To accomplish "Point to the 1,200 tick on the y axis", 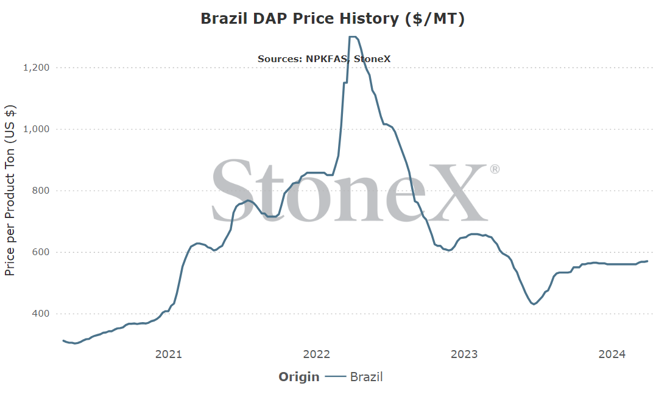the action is (36, 68).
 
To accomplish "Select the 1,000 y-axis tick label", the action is (36, 129).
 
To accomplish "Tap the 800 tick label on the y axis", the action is (41, 191).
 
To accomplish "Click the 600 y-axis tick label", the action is (41, 252).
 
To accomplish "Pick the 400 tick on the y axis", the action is (41, 314).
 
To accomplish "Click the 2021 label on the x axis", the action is (169, 354).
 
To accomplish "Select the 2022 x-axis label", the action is (317, 354).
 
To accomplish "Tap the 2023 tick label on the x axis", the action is (464, 354).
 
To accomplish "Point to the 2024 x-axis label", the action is (612, 354).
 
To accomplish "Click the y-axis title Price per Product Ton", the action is (10, 190).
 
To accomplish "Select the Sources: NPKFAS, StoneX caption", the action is (323, 59).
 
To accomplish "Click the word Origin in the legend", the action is (298, 377).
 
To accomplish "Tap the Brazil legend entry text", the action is (366, 377).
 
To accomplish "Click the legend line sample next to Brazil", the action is (336, 376).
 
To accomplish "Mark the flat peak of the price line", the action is (353, 37).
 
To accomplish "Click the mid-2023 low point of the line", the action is (534, 304).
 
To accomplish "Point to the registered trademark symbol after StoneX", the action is (495, 169).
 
